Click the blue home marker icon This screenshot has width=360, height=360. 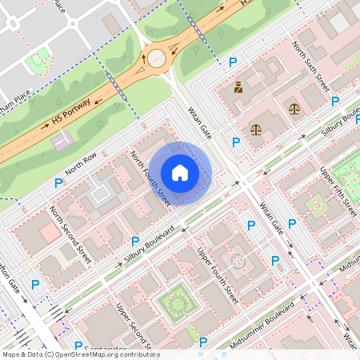180,173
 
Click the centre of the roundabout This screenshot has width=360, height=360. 155,58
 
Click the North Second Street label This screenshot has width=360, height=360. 70,234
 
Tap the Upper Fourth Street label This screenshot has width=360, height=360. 218,274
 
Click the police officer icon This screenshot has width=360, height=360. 238,87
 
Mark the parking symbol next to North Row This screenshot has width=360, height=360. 58,184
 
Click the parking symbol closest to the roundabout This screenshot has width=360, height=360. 233,62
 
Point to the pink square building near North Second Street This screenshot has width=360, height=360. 50,233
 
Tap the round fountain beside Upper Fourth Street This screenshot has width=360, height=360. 237,260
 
